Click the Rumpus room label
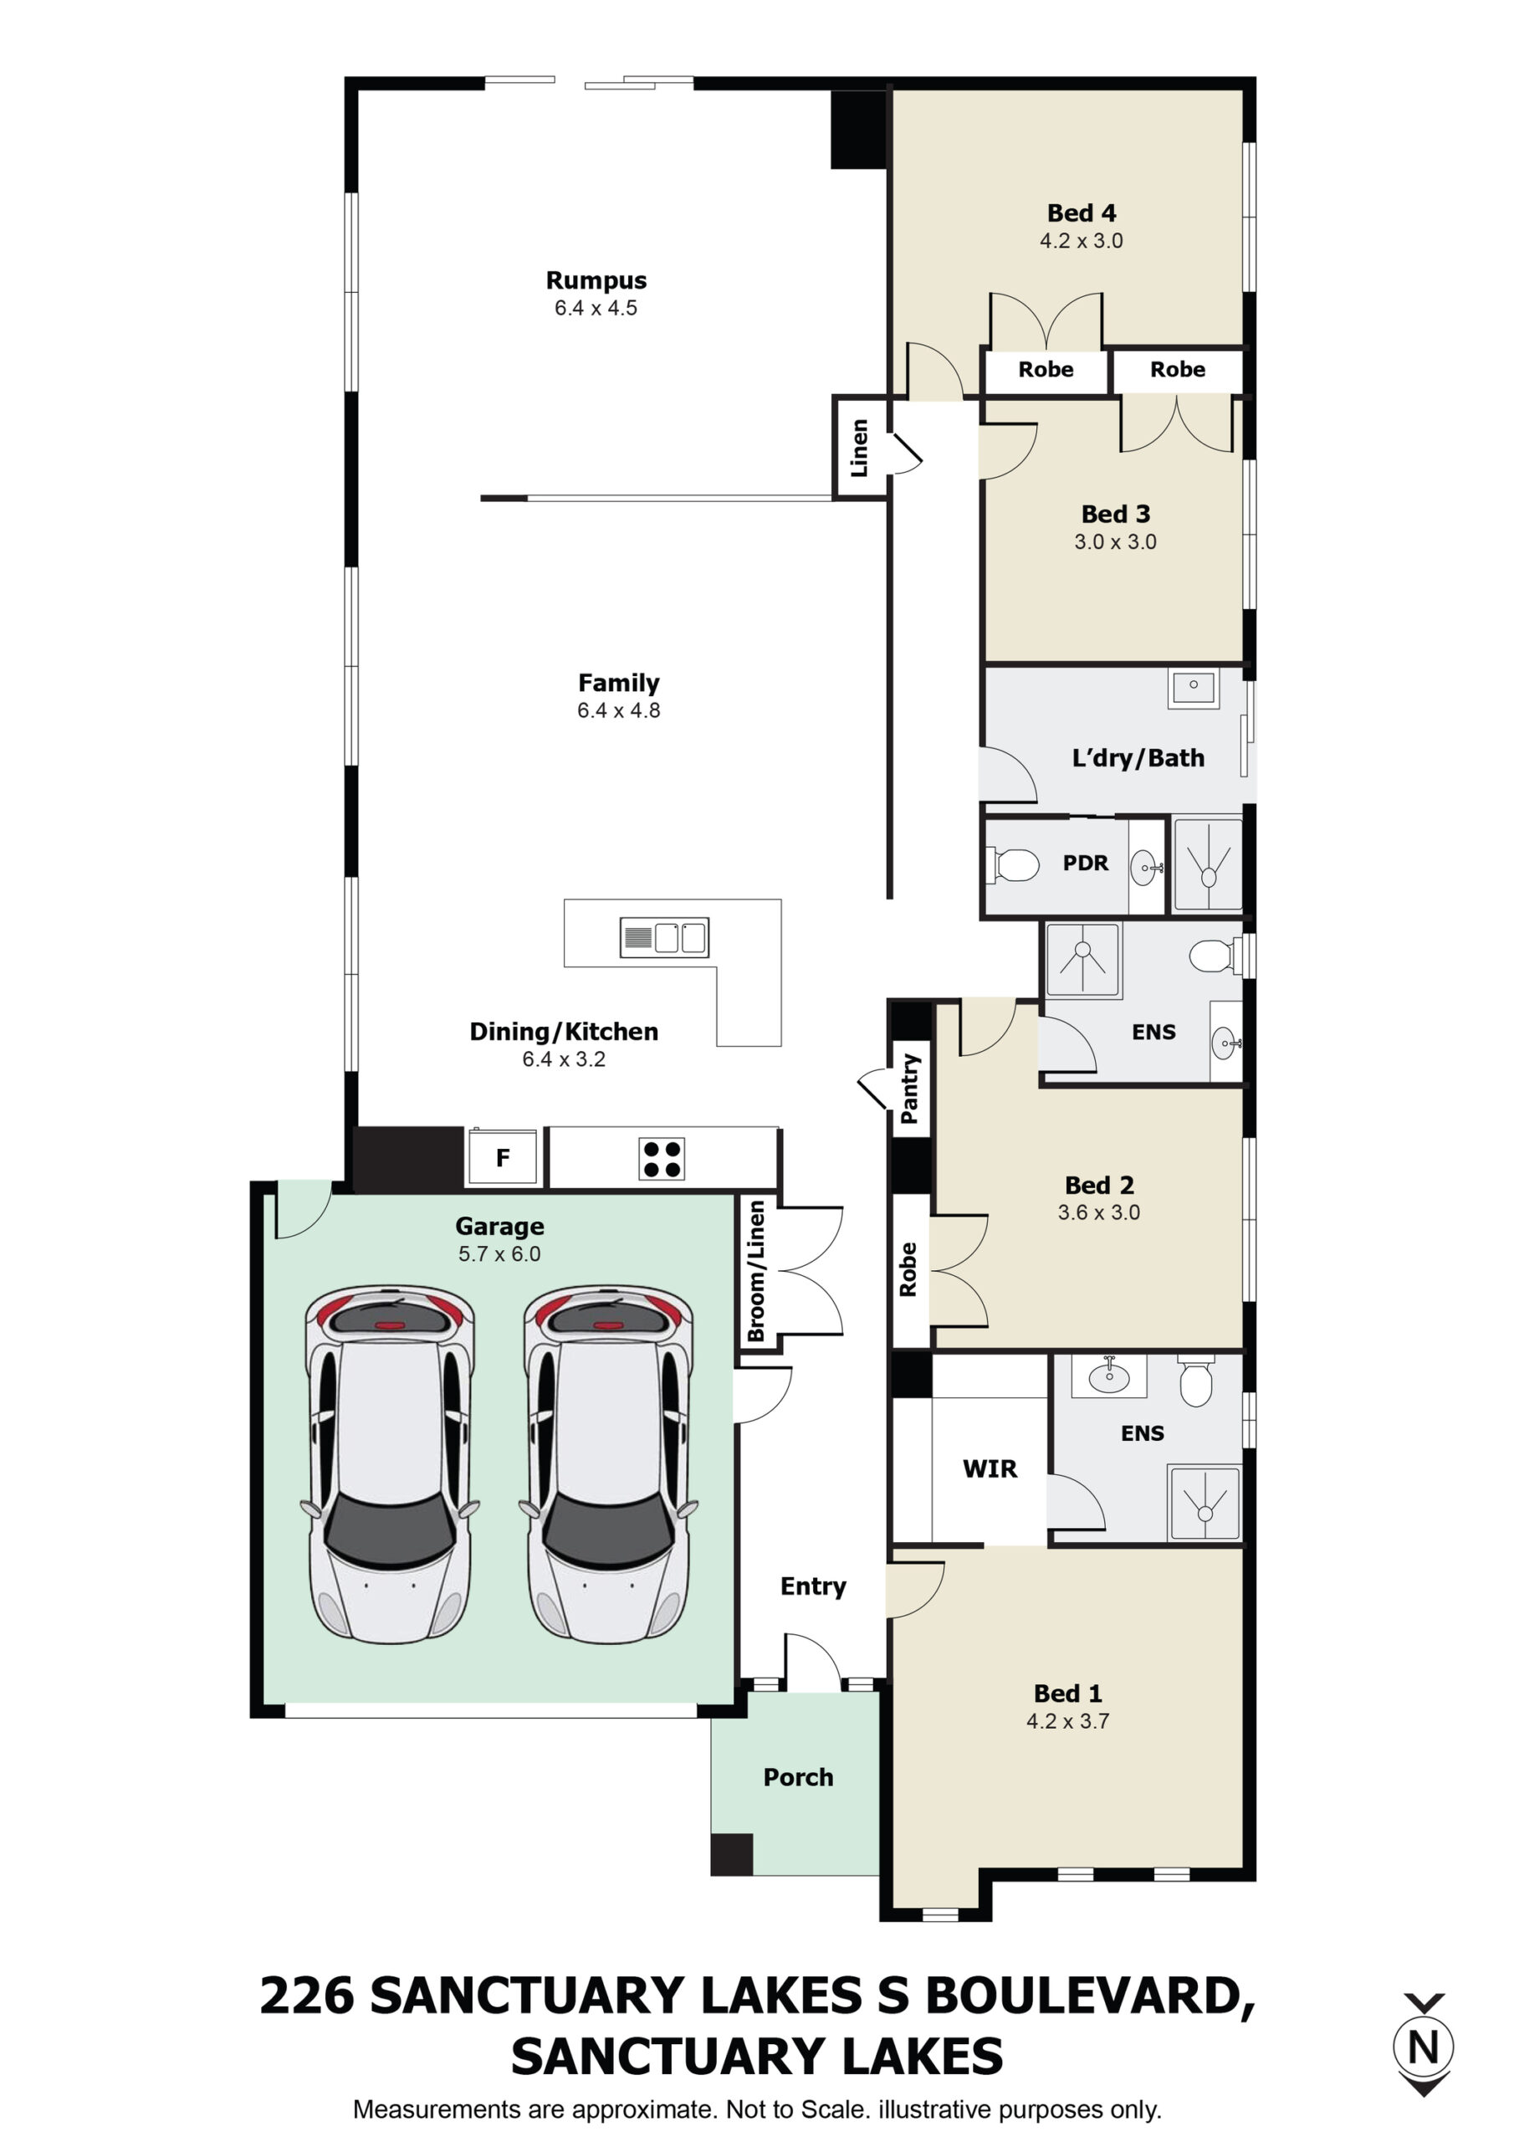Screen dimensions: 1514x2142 click(596, 279)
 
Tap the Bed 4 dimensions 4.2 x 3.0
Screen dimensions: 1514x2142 click(1082, 241)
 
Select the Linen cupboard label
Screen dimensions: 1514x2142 click(859, 448)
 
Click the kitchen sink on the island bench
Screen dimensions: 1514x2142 click(664, 938)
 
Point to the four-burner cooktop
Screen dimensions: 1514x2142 click(662, 1159)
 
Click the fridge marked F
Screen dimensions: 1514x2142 click(503, 1159)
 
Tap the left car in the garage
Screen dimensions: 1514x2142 click(389, 1465)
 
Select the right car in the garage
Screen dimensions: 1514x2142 click(608, 1465)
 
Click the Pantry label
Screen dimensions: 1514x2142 click(909, 1089)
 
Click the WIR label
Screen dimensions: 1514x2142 click(990, 1469)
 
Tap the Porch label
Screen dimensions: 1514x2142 click(799, 1777)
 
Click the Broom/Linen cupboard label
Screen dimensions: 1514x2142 click(755, 1272)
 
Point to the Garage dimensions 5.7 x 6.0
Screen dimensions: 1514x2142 click(499, 1254)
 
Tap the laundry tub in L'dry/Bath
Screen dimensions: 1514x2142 click(1193, 688)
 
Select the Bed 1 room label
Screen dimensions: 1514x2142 click(1068, 1694)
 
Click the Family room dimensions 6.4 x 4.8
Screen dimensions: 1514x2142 click(618, 710)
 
